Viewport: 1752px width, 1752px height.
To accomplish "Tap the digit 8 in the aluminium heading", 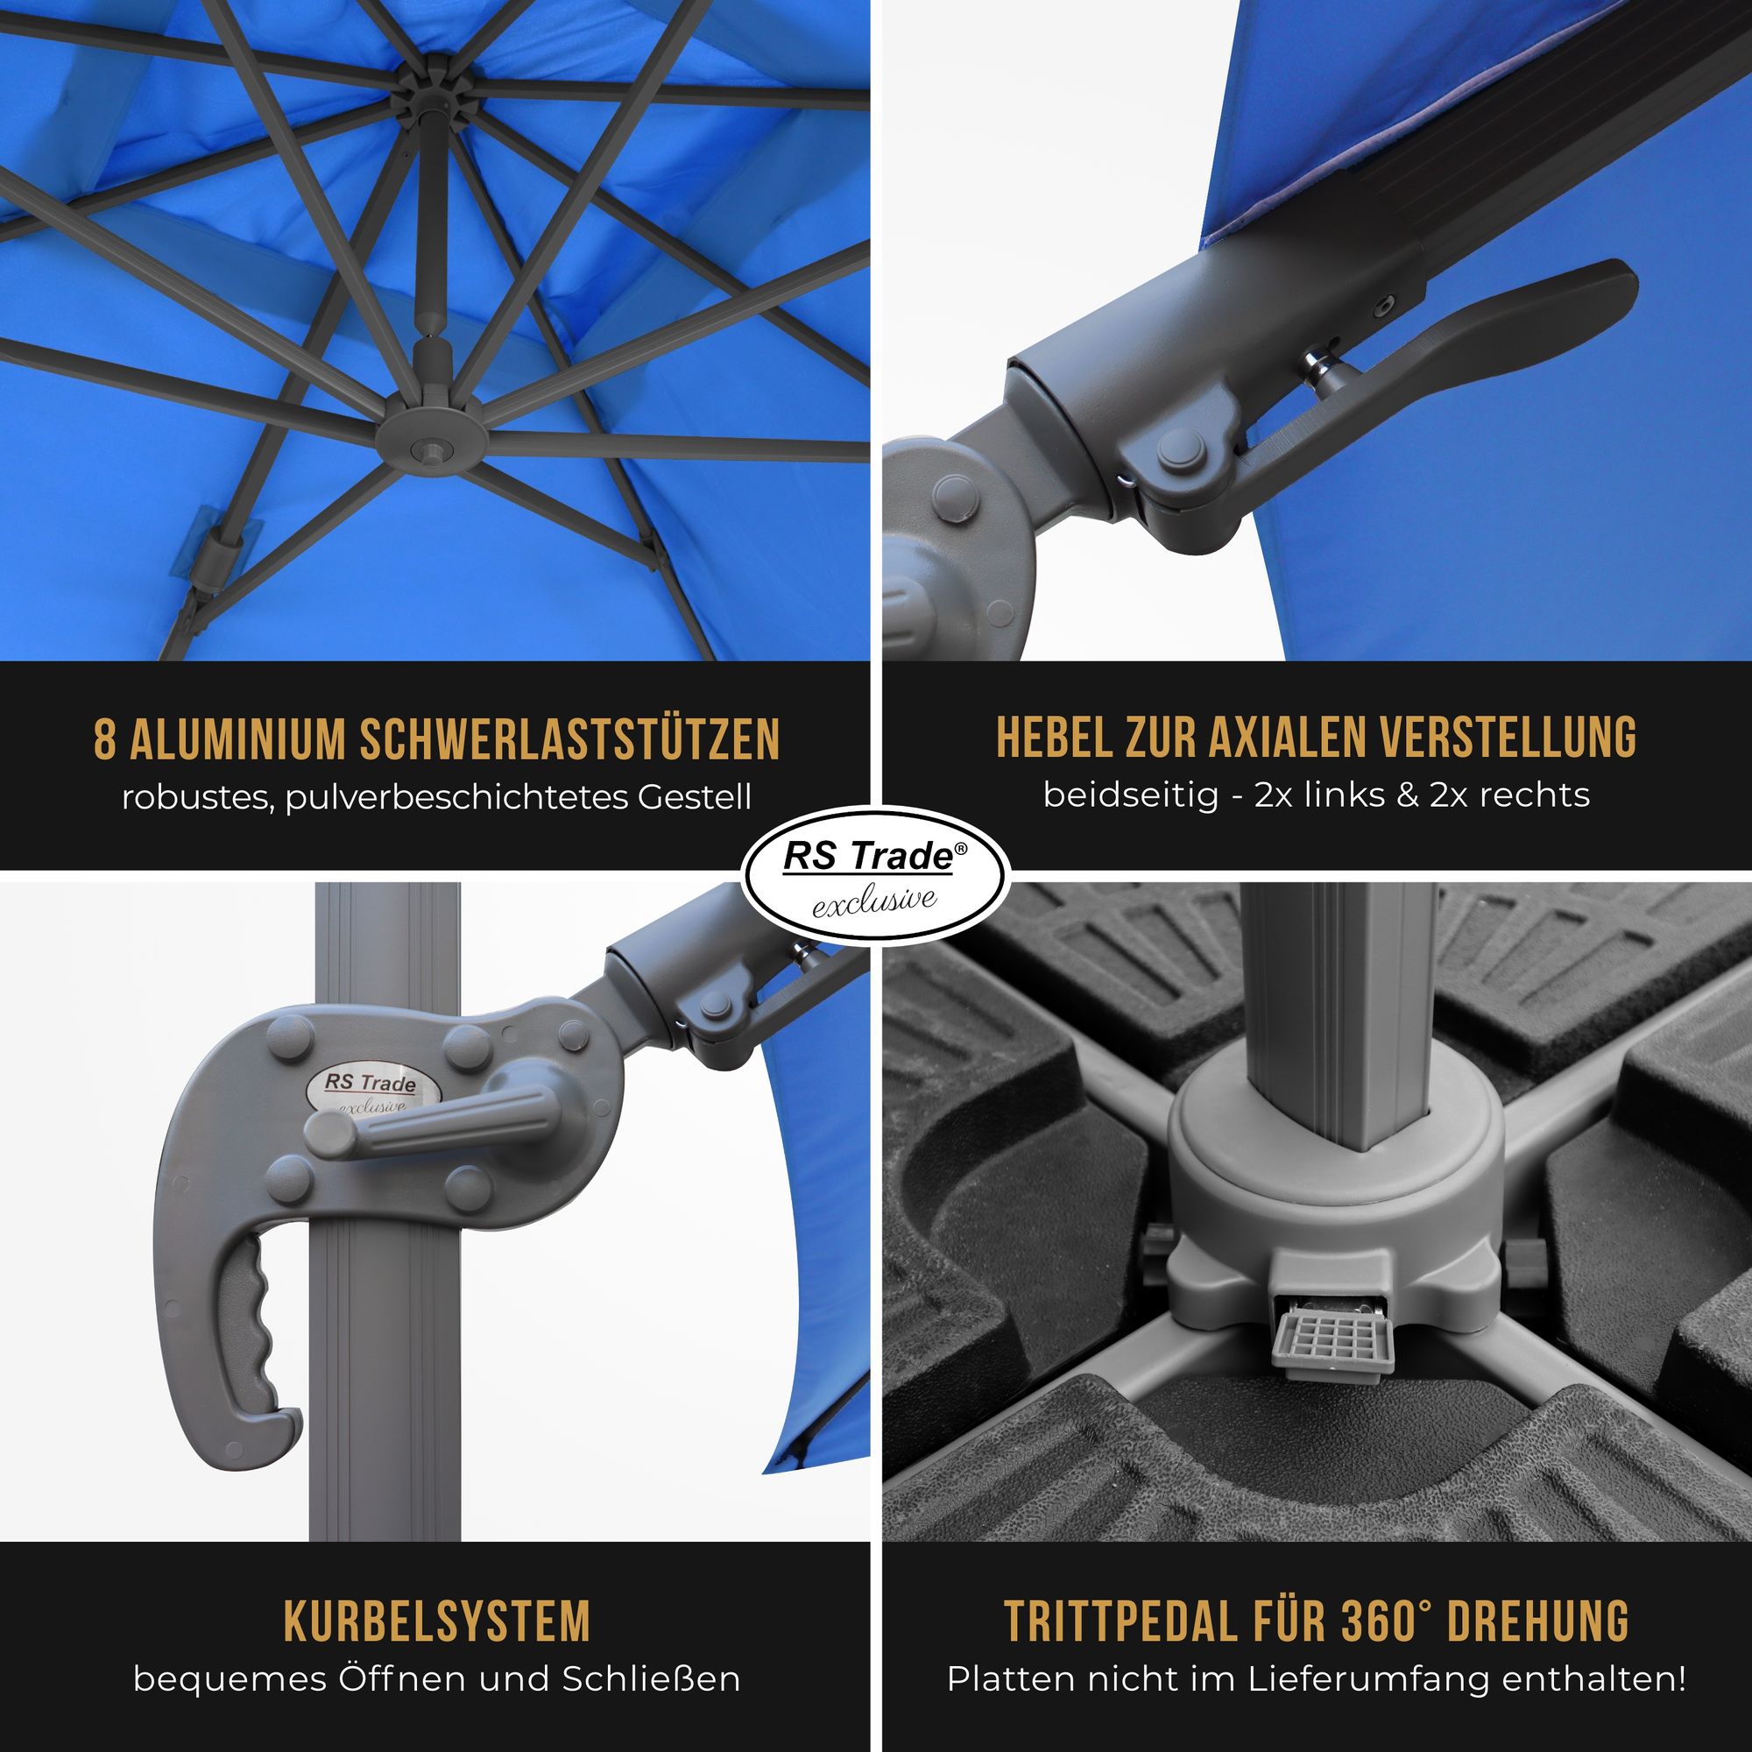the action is click(105, 739).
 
